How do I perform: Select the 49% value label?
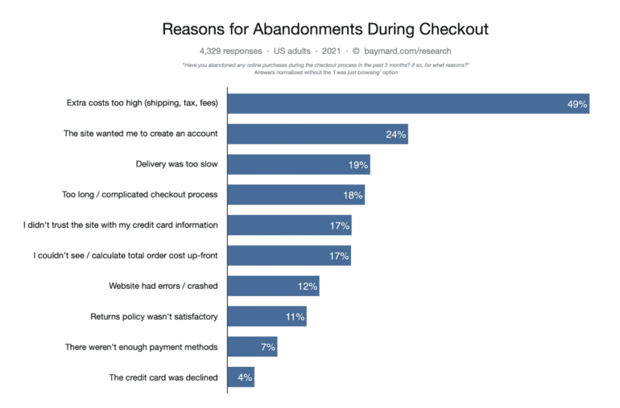click(x=577, y=104)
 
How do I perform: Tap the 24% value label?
click(x=395, y=134)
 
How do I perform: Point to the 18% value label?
click(x=353, y=196)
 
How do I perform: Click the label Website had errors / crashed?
click(x=163, y=286)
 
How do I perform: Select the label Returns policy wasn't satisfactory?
click(x=154, y=316)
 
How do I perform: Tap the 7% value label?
click(x=267, y=347)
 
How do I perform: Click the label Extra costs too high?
click(x=143, y=103)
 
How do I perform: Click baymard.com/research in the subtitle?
click(x=407, y=51)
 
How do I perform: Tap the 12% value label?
click(x=308, y=286)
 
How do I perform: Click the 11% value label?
click(x=295, y=316)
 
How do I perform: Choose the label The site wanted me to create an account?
click(x=141, y=134)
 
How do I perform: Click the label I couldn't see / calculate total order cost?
click(x=126, y=256)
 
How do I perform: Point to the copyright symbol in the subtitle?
click(x=355, y=51)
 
